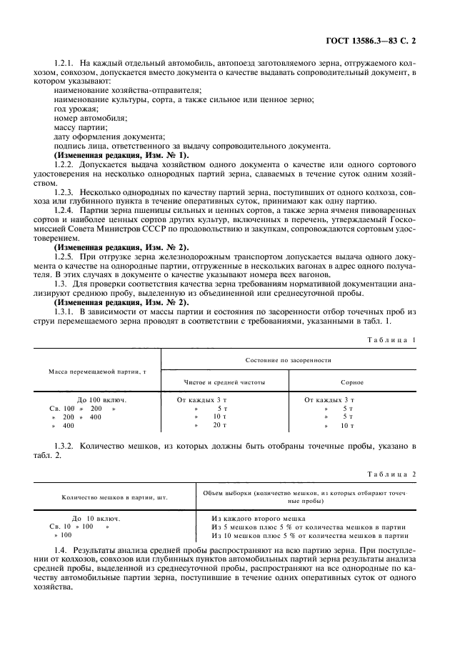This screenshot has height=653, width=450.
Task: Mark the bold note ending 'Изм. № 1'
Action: tap(121, 155)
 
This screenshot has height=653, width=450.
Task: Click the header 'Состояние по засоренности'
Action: tap(287, 361)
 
